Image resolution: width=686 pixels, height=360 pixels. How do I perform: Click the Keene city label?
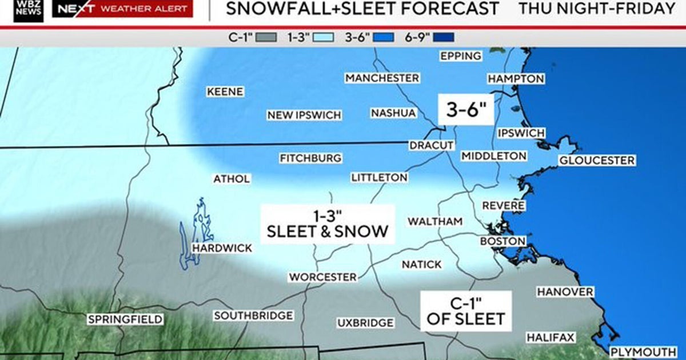pos(225,91)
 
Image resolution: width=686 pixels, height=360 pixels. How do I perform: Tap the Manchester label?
pos(382,78)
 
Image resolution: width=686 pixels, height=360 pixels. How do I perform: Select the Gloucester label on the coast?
pos(597,161)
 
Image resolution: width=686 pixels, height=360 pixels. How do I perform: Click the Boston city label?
pos(502,241)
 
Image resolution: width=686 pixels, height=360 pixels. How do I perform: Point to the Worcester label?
pos(322,277)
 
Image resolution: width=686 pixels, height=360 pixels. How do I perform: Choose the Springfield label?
pos(125,319)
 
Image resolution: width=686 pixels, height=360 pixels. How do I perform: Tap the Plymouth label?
pos(643,351)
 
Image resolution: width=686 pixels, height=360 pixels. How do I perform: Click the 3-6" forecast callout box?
pos(465,109)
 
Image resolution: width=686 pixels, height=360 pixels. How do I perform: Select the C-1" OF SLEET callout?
pos(465,310)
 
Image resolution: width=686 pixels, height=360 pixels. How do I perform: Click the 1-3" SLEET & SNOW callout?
pos(328,224)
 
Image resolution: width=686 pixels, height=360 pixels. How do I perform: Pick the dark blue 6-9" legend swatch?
pos(444,38)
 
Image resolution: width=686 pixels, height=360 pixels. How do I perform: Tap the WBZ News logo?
pos(29,9)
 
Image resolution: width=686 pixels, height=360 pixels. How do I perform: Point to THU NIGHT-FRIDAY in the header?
pos(597,9)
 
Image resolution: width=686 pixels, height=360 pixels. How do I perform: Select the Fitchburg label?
pos(310,158)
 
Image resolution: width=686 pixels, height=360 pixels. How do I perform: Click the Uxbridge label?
pos(365,323)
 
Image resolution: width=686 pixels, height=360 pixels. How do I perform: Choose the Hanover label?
pos(565,292)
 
